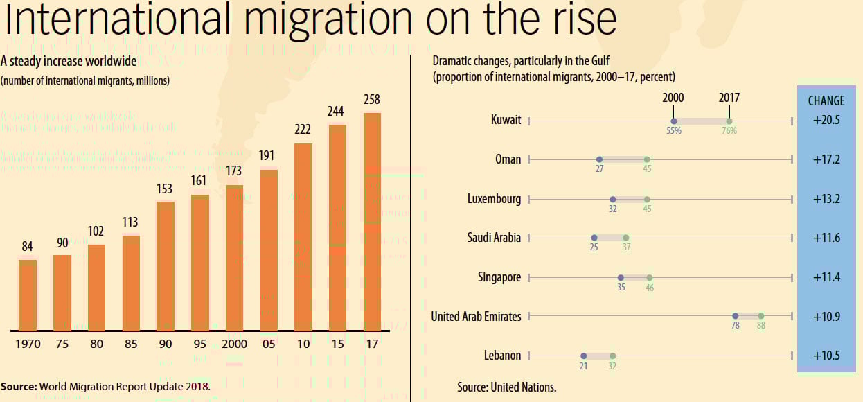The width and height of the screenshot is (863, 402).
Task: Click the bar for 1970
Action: tap(28, 295)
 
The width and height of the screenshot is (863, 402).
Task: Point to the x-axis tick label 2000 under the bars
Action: tap(234, 344)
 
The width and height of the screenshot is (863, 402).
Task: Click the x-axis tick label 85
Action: tap(130, 344)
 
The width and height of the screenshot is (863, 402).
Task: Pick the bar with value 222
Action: tap(303, 236)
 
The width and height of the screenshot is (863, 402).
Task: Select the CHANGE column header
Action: tap(826, 101)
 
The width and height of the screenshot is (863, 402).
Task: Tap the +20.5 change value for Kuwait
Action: tap(826, 120)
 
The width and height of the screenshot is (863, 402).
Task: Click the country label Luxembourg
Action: tap(494, 199)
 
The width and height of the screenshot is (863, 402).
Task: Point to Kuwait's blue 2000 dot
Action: tap(674, 121)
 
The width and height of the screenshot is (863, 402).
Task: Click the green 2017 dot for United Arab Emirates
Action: tap(760, 316)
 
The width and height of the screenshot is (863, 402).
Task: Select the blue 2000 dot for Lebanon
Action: tap(583, 356)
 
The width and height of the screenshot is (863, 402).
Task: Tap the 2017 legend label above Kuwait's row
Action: tap(729, 98)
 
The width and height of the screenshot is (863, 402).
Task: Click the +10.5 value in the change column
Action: tap(826, 356)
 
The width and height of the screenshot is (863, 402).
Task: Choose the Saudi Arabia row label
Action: tap(494, 238)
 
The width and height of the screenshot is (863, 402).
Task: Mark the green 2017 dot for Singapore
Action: tap(649, 277)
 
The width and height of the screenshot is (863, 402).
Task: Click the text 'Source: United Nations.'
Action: tap(506, 387)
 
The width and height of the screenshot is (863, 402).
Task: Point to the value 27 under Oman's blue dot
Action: tap(599, 168)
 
